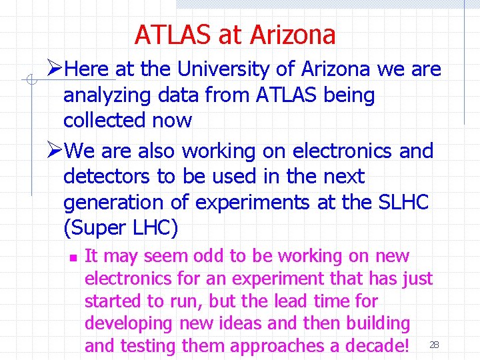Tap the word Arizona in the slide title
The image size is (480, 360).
click(x=291, y=35)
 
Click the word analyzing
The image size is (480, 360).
click(x=107, y=95)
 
